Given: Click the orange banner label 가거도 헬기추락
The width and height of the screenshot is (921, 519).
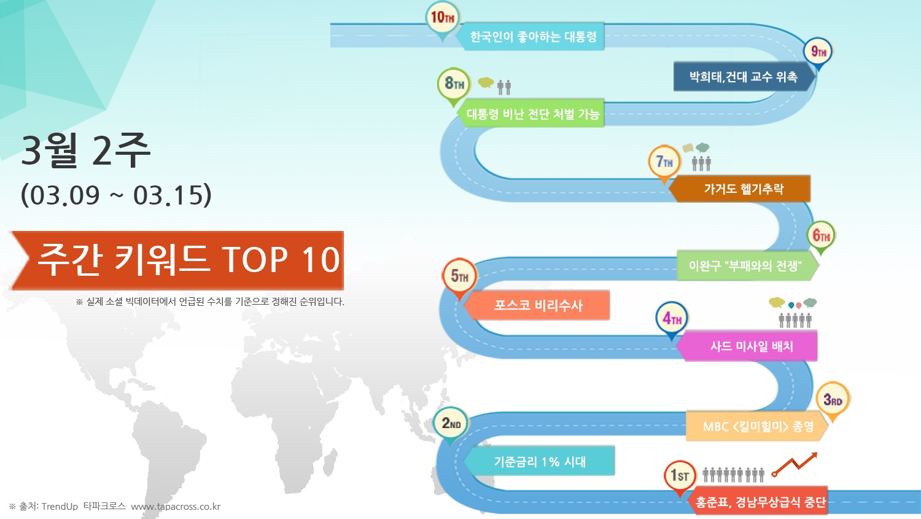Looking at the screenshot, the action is [x=740, y=189].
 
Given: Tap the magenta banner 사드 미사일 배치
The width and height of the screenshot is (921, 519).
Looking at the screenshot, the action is [x=747, y=346].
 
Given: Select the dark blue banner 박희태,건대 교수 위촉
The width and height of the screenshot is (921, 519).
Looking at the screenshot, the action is [x=744, y=77].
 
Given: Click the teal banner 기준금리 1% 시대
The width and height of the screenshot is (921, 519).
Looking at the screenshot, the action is [x=539, y=461].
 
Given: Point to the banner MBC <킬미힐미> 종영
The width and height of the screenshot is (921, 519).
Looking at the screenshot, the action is [x=757, y=426].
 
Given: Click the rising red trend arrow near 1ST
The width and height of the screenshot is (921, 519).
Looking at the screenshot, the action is [x=795, y=464].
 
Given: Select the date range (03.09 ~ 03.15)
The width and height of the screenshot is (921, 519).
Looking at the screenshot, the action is [x=117, y=195].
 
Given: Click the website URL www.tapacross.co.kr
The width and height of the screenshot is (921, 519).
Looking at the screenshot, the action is [x=176, y=507].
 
